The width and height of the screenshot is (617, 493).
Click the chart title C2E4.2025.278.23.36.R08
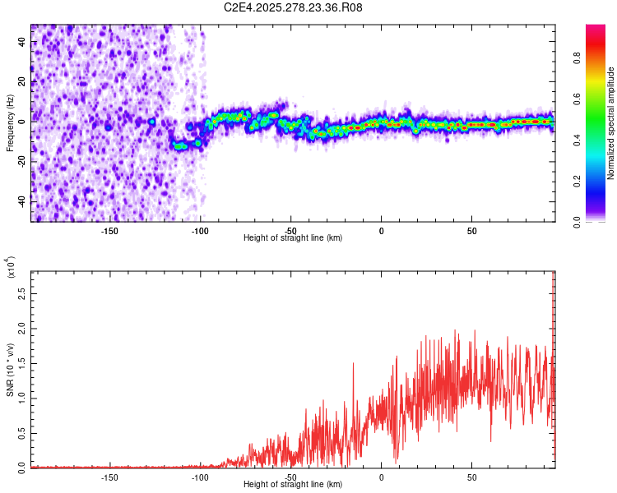pos(294,8)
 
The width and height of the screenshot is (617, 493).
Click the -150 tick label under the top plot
pos(109,231)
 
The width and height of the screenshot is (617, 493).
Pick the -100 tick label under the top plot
pos(200,231)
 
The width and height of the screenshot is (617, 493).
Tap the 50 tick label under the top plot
pos(472,231)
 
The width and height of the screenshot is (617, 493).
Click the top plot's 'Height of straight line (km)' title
pos(293,238)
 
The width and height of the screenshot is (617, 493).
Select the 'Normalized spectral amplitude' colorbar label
pos(610,123)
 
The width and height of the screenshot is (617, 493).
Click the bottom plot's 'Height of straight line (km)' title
pos(293,485)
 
